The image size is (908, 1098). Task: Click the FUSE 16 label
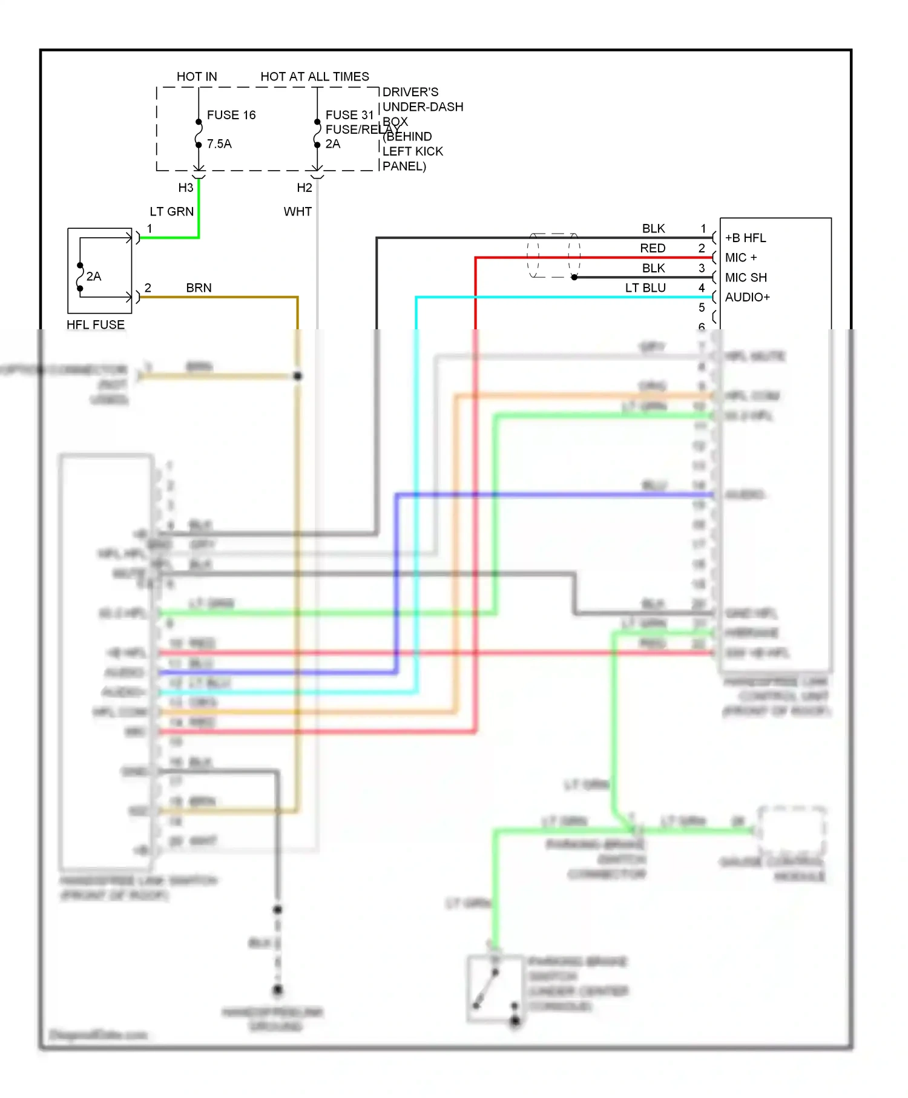231,115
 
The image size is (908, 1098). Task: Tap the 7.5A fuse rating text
219,144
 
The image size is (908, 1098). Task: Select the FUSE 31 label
349,115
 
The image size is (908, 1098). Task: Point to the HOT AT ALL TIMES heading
314,77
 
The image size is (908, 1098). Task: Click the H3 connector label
186,188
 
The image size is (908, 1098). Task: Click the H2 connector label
304,188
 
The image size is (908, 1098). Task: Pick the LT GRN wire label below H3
172,212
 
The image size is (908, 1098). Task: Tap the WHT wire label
297,212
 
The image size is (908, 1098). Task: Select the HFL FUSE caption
96,325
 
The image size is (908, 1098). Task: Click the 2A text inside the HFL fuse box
94,277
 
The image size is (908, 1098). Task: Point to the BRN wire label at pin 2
199,288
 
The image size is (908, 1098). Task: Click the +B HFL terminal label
745,238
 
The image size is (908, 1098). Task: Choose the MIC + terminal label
741,258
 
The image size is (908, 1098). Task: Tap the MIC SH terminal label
746,278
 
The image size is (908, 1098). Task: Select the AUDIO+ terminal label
747,297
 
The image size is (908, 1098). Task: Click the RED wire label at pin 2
653,248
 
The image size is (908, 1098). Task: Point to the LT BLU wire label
645,288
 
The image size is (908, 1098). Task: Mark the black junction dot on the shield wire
574,277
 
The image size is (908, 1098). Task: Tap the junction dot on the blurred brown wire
298,376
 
